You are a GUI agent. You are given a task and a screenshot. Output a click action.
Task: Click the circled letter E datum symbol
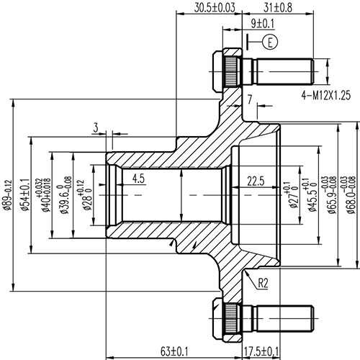tap(270, 41)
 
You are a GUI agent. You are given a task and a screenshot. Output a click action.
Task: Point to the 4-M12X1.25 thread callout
tap(328, 94)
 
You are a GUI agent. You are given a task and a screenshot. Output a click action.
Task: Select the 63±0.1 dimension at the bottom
tap(175, 351)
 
